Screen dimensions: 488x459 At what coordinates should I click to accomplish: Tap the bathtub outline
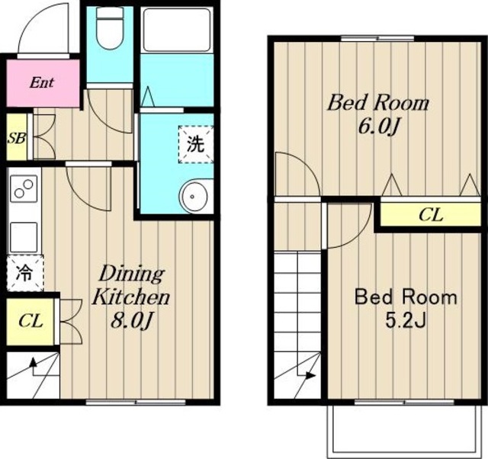(x=176, y=30)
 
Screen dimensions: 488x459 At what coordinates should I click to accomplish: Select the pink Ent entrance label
(x=42, y=83)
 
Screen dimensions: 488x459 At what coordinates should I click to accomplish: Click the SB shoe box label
(x=17, y=138)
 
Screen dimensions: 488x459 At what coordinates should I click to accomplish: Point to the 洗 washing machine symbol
(x=195, y=144)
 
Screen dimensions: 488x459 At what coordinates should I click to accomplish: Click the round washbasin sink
(x=193, y=197)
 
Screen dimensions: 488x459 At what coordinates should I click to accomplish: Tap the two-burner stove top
(x=24, y=188)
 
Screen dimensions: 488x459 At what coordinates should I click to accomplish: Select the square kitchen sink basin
(x=24, y=236)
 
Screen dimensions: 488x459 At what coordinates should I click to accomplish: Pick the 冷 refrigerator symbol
(x=25, y=273)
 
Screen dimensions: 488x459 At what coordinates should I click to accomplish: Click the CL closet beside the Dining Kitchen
(x=30, y=322)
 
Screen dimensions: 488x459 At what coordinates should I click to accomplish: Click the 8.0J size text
(x=132, y=320)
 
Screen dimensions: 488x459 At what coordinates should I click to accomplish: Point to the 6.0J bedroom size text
(x=378, y=127)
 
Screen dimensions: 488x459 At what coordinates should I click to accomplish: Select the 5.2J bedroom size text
(x=406, y=321)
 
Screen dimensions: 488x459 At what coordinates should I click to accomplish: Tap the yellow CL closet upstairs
(x=431, y=214)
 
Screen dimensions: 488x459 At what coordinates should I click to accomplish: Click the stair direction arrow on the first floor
(x=34, y=364)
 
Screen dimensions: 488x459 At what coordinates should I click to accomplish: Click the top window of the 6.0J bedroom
(x=377, y=39)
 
